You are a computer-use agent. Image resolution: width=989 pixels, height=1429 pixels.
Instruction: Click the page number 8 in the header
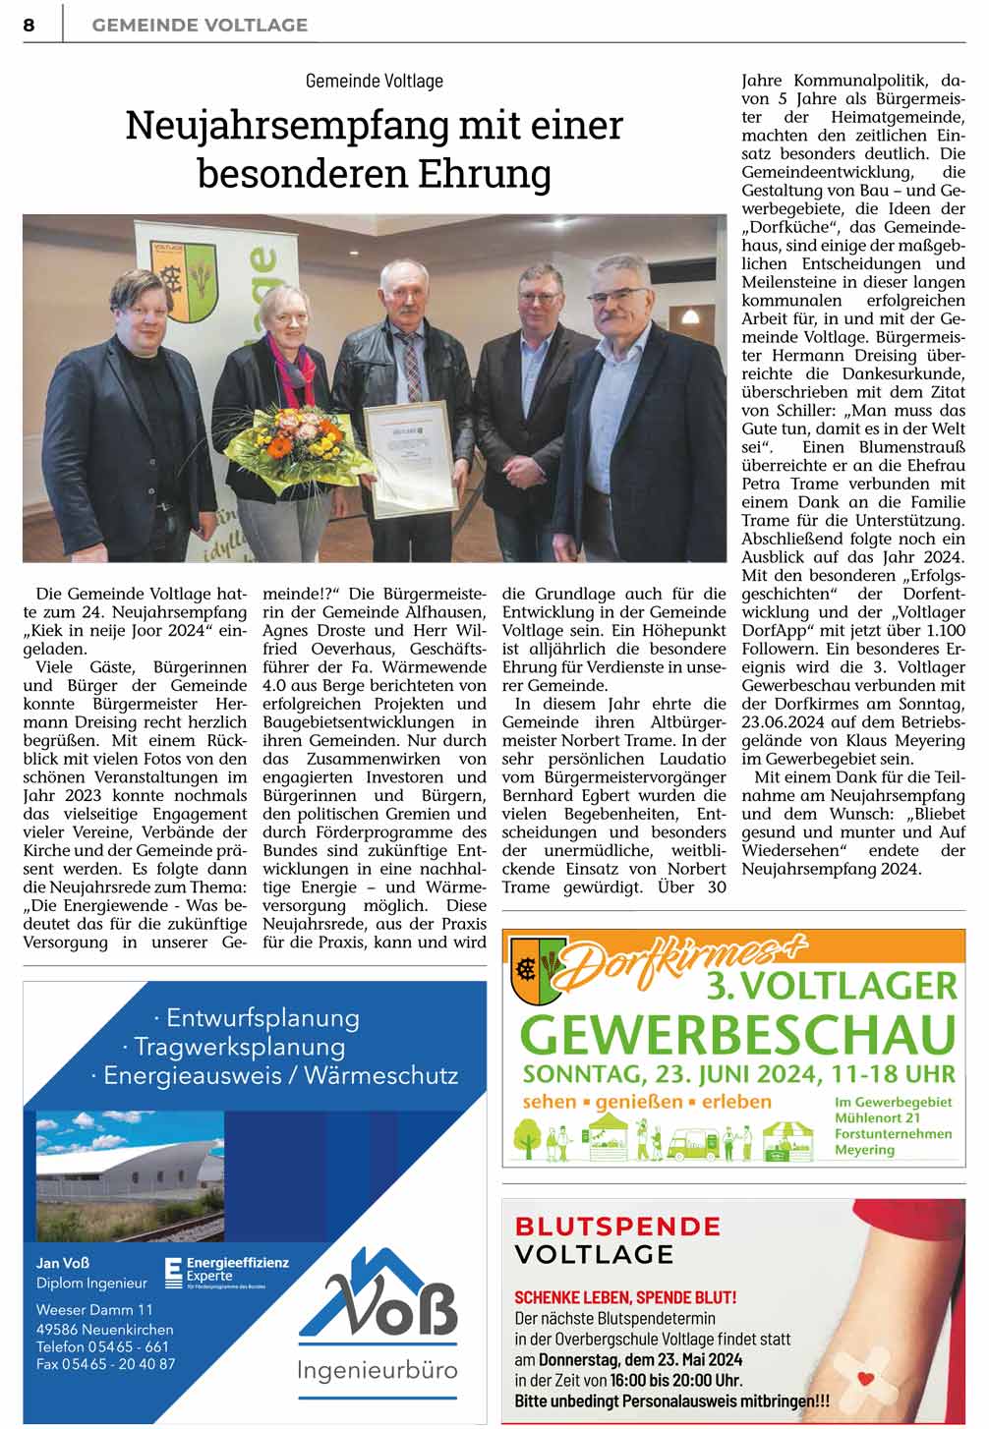[29, 25]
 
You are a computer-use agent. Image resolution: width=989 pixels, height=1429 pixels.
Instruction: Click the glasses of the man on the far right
[618, 298]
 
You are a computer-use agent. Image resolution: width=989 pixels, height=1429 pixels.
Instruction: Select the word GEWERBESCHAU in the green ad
[737, 1033]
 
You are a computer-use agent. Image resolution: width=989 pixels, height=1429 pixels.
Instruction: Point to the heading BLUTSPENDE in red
[617, 1226]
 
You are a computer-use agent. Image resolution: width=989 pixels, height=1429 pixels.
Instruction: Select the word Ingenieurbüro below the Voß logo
[378, 1369]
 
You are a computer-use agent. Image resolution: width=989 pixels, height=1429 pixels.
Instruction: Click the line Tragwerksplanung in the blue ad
[240, 1046]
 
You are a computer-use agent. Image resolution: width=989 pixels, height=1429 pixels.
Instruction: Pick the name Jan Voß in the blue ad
[63, 1263]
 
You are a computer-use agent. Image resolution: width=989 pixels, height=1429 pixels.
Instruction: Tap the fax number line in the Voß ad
[106, 1363]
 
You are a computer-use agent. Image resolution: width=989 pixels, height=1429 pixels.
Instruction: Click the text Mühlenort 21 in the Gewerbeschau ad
[877, 1117]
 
